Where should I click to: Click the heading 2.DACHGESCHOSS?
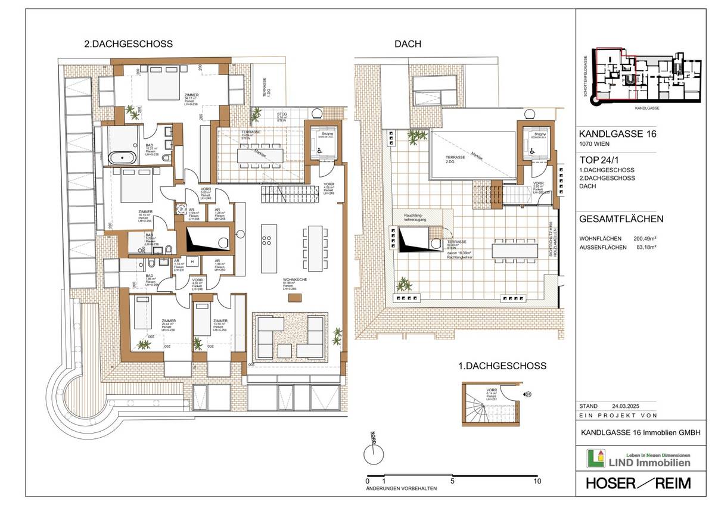click(128, 44)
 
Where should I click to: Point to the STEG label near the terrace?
click(282, 113)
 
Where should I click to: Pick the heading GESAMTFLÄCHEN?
click(621, 219)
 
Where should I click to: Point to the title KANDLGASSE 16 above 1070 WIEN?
click(618, 135)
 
